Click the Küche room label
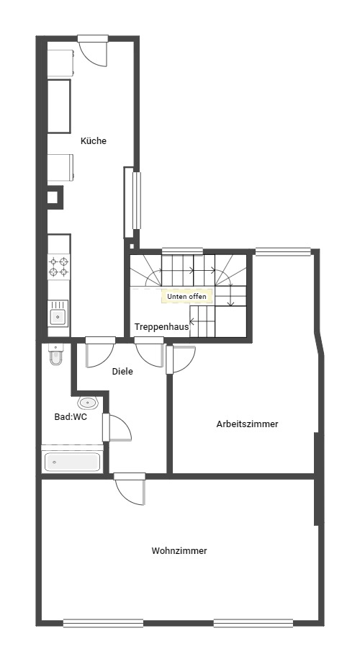[94, 141]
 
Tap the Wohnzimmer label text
[179, 551]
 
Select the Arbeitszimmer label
[247, 424]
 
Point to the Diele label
[122, 372]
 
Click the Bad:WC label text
[71, 417]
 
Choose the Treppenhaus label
[161, 327]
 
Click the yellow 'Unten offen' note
[186, 297]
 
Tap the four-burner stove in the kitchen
[58, 267]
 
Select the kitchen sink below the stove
[58, 314]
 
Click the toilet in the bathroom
[55, 354]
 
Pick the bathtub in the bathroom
[72, 461]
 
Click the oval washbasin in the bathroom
[88, 403]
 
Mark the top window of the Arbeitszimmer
[283, 251]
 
